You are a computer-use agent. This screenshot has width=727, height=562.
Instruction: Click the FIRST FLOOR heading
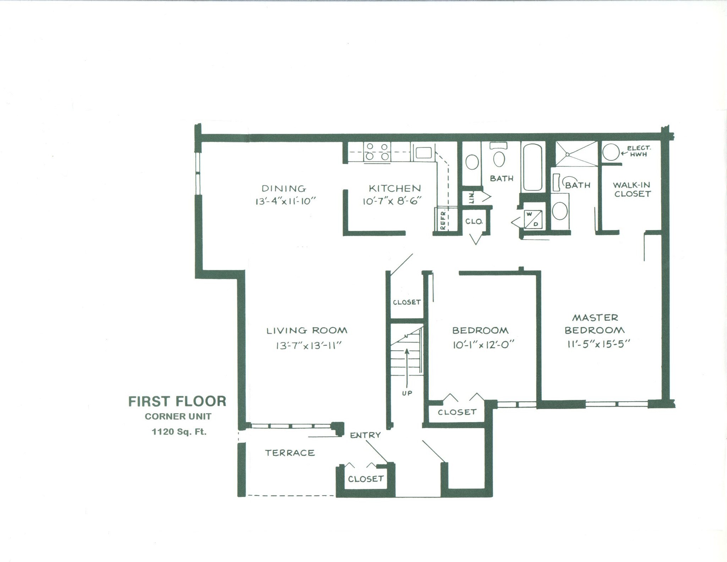177,402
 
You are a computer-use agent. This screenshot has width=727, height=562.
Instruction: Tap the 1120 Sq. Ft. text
179,432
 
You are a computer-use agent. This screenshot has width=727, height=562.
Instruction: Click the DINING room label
284,189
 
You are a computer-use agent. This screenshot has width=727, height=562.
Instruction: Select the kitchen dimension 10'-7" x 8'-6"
392,201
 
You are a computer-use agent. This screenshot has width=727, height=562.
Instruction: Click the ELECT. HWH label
639,151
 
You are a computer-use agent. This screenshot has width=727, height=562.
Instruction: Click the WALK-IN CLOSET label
632,189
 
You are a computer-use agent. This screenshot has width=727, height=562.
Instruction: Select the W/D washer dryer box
533,219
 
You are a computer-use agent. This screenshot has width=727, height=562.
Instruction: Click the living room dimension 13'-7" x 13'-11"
308,345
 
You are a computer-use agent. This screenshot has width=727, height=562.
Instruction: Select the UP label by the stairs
407,393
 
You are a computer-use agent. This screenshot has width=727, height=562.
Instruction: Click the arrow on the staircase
407,362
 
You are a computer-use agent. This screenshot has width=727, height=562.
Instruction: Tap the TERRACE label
290,453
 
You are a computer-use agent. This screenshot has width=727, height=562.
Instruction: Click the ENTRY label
365,435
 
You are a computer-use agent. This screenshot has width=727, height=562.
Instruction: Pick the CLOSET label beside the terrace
366,479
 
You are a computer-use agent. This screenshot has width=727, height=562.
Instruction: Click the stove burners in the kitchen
377,152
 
